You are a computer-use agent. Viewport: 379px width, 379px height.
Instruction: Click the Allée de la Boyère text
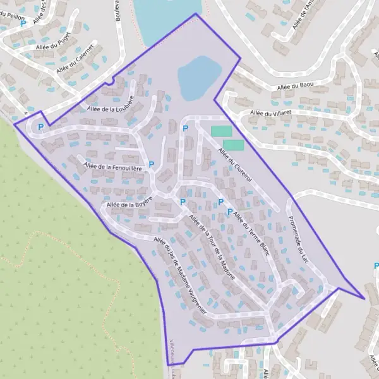(129, 205)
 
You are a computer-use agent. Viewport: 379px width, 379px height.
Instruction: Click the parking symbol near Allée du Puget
(24, 23)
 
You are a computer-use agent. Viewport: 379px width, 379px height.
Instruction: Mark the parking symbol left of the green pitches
(185, 129)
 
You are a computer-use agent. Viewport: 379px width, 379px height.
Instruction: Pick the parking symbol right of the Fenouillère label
(151, 165)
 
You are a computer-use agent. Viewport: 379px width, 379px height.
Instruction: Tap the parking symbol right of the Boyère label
(183, 202)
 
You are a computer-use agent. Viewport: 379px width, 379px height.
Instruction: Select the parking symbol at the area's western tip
(41, 127)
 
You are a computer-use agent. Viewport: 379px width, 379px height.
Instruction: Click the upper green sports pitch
(221, 131)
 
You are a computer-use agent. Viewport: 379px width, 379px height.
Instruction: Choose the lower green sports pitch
(233, 145)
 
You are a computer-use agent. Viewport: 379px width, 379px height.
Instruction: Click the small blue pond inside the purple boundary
(198, 76)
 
